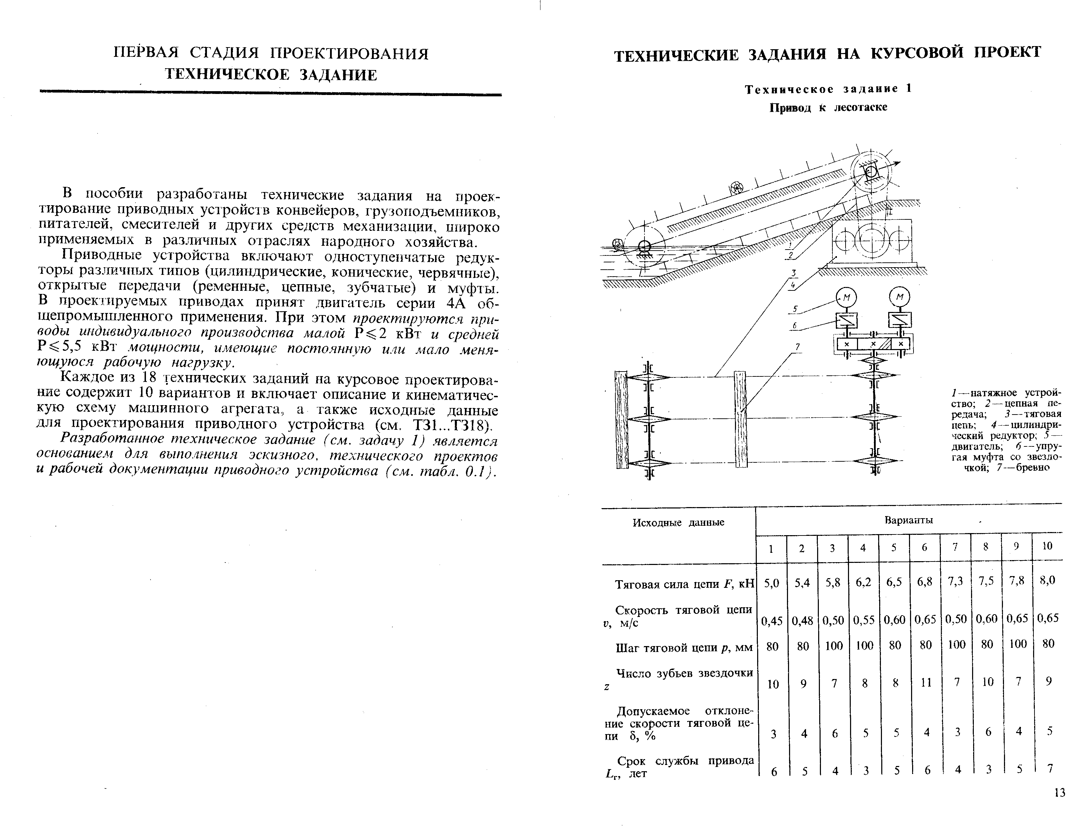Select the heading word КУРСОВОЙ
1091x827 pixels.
(x=916, y=53)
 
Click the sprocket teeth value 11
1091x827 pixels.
(x=926, y=682)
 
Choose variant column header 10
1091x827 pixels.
(x=1047, y=546)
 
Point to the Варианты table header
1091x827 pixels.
(x=909, y=520)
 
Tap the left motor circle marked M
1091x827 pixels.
(x=846, y=297)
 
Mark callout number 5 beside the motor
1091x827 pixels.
(x=795, y=309)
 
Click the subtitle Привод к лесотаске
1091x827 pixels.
(x=828, y=107)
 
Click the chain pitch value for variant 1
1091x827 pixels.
(x=772, y=646)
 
